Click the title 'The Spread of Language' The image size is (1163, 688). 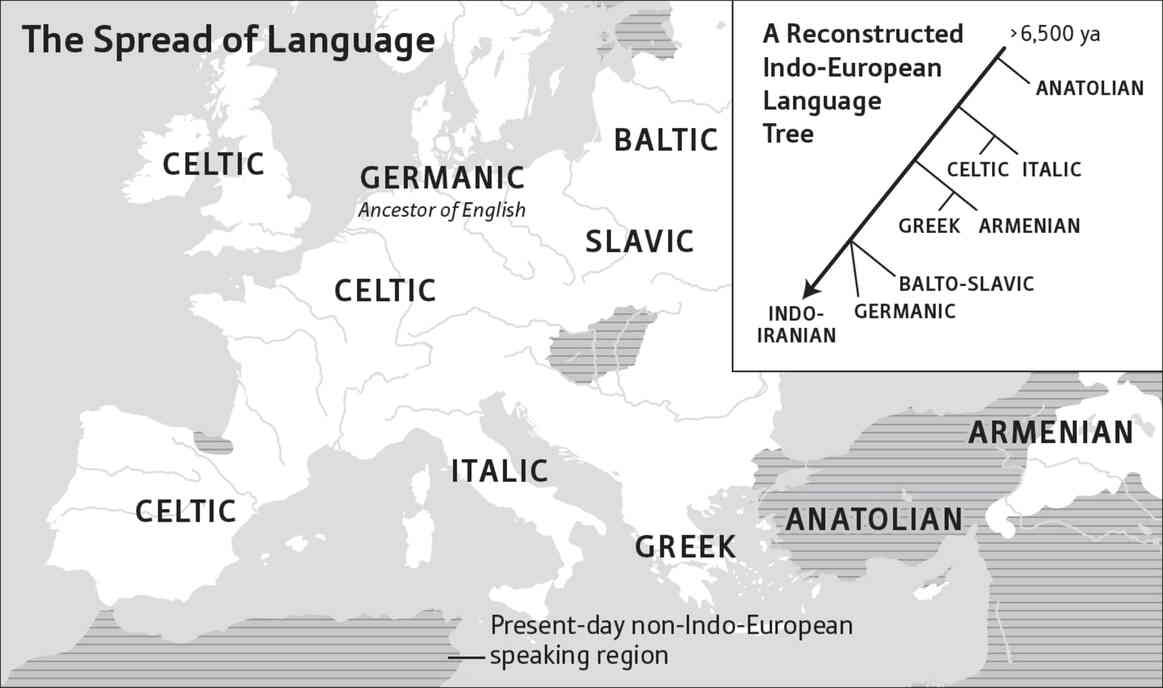click(x=228, y=40)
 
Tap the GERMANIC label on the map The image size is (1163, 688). click(x=442, y=178)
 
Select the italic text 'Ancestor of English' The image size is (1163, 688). click(x=442, y=211)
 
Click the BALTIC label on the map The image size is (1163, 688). click(x=666, y=140)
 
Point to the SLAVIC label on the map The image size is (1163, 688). click(x=639, y=241)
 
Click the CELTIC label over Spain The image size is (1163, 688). click(x=186, y=511)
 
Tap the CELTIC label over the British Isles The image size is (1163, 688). click(x=214, y=163)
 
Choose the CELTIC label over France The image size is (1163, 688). click(x=385, y=291)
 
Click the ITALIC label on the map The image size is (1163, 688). click(x=499, y=470)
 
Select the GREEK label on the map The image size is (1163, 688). click(x=686, y=547)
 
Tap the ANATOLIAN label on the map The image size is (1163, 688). click(x=873, y=519)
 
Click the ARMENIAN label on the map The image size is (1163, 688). click(x=1050, y=433)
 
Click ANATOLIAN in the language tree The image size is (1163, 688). click(x=1089, y=88)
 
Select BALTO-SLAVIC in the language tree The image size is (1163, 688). click(x=965, y=284)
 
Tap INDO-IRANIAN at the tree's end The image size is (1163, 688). click(x=796, y=324)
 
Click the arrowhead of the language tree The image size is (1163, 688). click(x=810, y=290)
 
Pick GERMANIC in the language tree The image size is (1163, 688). click(x=904, y=311)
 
